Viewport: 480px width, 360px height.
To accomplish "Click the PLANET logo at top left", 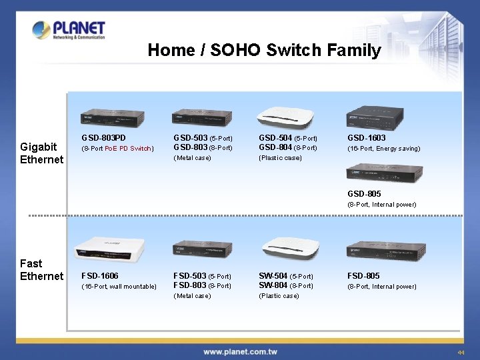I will click(69, 30).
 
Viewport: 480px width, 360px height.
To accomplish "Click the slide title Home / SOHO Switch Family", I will click(264, 50).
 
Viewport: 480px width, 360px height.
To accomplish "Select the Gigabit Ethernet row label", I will click(41, 153).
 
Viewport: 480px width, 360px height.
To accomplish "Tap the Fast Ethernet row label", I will click(41, 269).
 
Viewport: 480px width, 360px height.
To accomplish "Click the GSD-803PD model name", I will click(103, 138).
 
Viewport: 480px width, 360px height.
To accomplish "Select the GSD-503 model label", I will click(189, 138).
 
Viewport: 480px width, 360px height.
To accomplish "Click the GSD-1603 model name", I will click(366, 138).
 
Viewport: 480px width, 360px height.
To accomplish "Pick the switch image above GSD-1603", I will click(375, 116).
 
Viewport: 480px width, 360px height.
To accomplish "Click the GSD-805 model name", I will click(364, 194).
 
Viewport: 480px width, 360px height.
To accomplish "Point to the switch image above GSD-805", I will click(383, 173).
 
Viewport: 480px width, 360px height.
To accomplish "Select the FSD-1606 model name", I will click(100, 275).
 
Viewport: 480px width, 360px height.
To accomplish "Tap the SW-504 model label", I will click(273, 275).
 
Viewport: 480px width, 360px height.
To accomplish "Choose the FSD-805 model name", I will click(363, 275).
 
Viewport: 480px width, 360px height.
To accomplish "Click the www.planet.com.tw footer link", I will click(241, 351).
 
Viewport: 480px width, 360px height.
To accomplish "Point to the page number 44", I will click(461, 352).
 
